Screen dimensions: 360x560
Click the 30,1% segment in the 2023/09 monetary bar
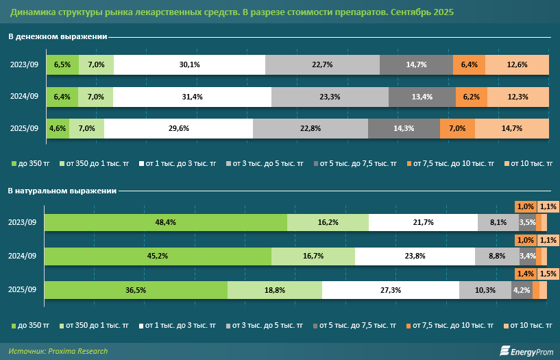(189, 65)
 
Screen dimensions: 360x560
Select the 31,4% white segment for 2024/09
(192, 97)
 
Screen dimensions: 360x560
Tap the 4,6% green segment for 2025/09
(57, 128)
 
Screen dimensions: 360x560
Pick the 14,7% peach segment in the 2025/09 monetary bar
(512, 128)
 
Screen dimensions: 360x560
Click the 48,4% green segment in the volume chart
(166, 223)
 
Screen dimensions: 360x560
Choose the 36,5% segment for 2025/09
(136, 290)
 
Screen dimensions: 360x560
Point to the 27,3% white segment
(390, 290)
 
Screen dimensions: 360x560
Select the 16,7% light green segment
(313, 256)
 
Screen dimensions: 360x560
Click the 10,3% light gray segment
(485, 290)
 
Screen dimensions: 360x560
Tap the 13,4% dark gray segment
(422, 97)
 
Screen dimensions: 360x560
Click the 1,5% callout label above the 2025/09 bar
(548, 273)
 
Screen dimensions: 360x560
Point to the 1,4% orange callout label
(525, 273)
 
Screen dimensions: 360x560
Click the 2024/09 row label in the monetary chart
(23, 97)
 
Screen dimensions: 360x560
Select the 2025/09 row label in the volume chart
(23, 290)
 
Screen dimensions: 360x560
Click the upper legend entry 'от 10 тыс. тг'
(531, 164)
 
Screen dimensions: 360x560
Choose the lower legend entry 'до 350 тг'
(32, 324)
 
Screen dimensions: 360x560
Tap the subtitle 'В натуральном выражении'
(62, 191)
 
